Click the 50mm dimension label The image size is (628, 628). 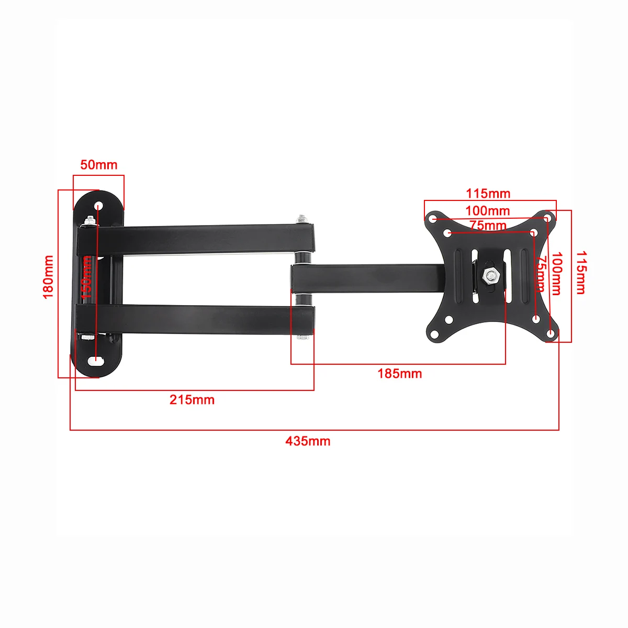point(99,165)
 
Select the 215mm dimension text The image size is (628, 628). point(192,400)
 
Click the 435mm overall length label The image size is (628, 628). point(308,441)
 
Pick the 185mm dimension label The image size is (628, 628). point(400,374)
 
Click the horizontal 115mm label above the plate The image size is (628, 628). point(488,194)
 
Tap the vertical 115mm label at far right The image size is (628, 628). point(580,272)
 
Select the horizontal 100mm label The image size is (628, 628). point(488,211)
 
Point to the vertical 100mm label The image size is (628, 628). point(556,274)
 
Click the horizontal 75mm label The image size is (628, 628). point(488,226)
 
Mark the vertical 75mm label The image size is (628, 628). point(540,274)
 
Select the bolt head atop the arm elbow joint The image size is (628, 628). point(301,217)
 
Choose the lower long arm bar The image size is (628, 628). point(199,317)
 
